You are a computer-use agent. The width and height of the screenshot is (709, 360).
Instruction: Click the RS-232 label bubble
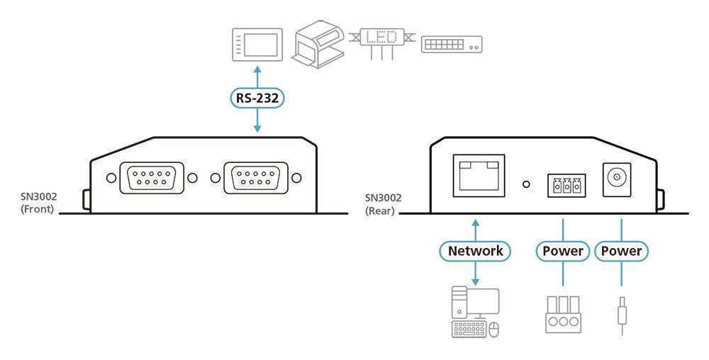pos(257,98)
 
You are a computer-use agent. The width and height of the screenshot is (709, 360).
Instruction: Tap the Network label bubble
pos(475,251)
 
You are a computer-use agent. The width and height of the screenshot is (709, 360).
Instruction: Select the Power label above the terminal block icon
pos(563,251)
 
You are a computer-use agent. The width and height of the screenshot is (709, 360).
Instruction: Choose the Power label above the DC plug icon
pos(621,251)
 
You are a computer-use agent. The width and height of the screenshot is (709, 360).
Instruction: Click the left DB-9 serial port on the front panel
pos(152,178)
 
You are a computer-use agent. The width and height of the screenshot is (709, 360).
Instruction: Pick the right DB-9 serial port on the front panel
pos(255,178)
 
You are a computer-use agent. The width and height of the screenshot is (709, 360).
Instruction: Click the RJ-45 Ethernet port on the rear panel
pos(479,175)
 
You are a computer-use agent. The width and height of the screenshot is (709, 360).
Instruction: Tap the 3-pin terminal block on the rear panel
pos(566,185)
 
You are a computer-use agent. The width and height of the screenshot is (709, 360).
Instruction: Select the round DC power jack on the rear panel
pos(617,179)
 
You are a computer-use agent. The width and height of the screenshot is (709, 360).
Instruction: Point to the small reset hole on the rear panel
pos(526,184)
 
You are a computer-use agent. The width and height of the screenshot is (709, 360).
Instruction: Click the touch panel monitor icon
pos(257,44)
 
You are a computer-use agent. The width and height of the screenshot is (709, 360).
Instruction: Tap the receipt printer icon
pos(320,44)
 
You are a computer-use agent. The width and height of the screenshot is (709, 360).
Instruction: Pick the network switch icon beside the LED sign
pos(452,44)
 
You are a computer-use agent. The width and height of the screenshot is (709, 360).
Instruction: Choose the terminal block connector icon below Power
pos(563,315)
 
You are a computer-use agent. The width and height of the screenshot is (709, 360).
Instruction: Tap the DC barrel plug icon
pos(623,315)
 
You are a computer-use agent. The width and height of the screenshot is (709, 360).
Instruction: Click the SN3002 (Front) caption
pos(39,203)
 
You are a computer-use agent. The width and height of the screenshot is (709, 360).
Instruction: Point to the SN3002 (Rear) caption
pos(384,204)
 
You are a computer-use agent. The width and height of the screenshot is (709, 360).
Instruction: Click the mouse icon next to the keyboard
pos(493,330)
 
